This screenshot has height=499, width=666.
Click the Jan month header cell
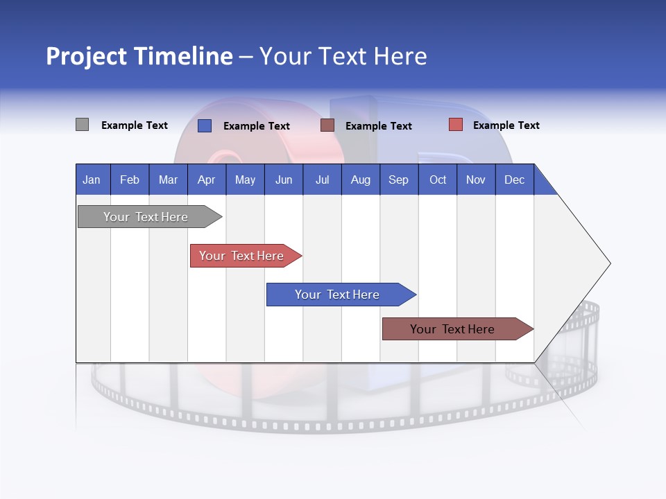coord(92,180)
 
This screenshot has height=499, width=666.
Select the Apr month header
coord(206,180)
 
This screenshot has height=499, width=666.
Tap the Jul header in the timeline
coord(322,180)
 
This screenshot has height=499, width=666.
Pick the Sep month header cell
coord(398,180)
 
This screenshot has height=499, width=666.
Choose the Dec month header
coord(514,180)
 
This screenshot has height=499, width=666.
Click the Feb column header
coord(130,180)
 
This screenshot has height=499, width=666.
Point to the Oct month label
coord(438,180)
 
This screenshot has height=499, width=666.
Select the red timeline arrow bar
coord(243,256)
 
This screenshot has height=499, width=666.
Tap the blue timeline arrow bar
coord(338,295)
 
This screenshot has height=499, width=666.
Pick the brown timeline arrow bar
coord(454,329)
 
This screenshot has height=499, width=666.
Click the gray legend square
coord(82,125)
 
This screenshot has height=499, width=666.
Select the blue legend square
coord(204,125)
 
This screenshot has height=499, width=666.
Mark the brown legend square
coord(327,125)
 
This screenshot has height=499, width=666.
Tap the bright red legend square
coord(455,125)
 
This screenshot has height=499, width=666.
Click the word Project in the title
coord(86,57)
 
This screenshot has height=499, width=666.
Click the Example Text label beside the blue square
coord(256,126)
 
